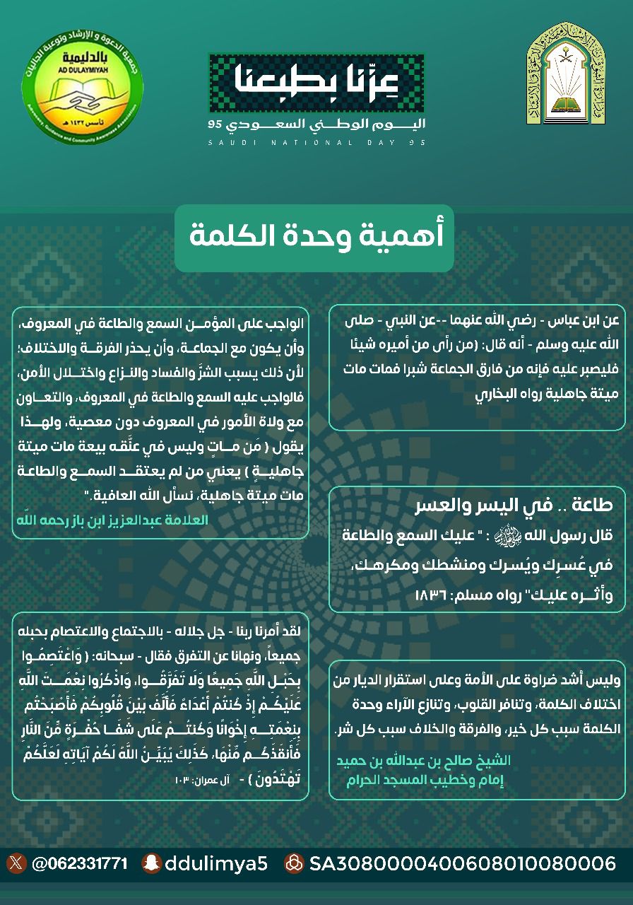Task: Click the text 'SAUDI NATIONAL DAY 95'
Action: coord(317,143)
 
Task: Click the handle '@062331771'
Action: coord(79,863)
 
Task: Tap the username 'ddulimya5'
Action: coord(215,863)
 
